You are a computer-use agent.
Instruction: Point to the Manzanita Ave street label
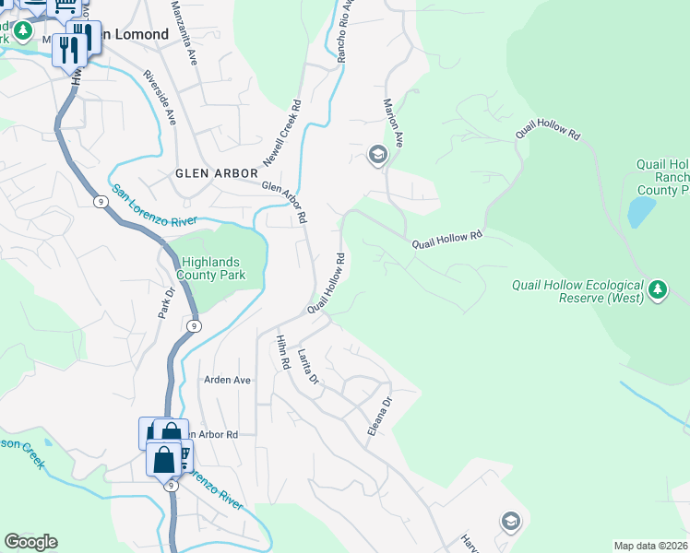point(184,31)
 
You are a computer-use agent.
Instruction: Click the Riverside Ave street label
point(159,99)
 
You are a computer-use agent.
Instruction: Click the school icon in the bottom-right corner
point(510,523)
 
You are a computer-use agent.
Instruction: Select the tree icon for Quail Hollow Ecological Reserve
point(657,291)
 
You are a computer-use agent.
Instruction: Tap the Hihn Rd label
point(280,353)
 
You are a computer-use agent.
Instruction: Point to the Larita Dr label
point(308,366)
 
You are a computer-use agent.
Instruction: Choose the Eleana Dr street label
point(377,417)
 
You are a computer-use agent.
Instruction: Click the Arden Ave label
point(227,380)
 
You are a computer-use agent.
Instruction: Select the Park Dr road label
point(166,303)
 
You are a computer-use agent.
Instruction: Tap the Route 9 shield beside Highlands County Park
point(192,325)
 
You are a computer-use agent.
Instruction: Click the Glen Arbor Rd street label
point(284,201)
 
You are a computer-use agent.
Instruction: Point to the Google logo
point(30,542)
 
